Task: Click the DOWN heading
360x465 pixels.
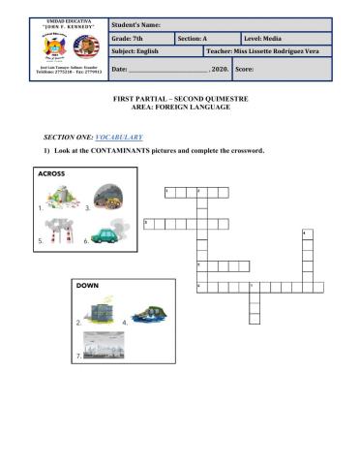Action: tap(88, 285)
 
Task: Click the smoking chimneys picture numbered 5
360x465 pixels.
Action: tap(58, 233)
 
